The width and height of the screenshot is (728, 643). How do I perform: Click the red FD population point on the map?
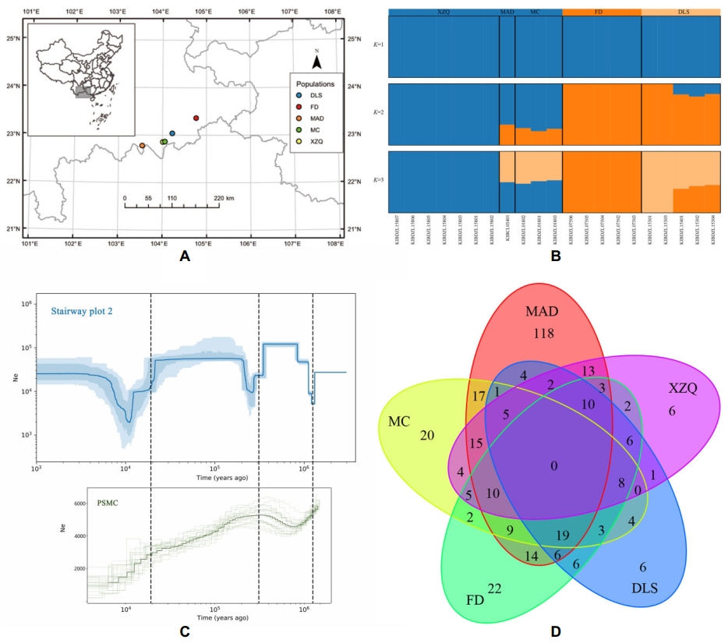coord(196,118)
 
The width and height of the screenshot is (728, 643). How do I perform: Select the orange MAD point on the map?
coord(142,146)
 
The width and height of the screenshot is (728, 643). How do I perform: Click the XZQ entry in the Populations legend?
coord(313,141)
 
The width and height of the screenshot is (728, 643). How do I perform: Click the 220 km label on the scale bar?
coord(224,199)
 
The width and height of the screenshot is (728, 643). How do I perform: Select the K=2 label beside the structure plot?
coord(379,113)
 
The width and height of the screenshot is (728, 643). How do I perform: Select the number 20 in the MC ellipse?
coord(427,435)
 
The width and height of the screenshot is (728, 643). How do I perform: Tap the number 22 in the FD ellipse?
coord(493,588)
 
